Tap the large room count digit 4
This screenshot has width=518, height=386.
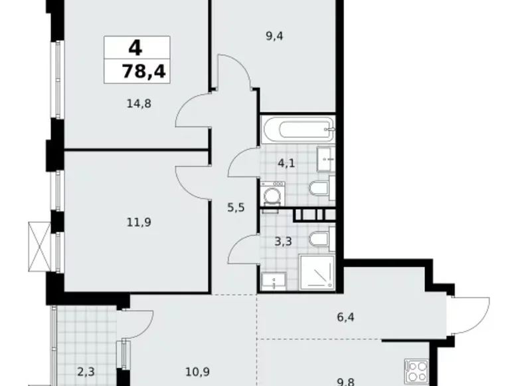pyautogui.click(x=136, y=47)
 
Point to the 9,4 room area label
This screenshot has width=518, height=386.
pyautogui.click(x=274, y=37)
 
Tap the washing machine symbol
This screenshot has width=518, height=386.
pyautogui.click(x=271, y=195)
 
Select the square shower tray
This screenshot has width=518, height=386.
pyautogui.click(x=317, y=272)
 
